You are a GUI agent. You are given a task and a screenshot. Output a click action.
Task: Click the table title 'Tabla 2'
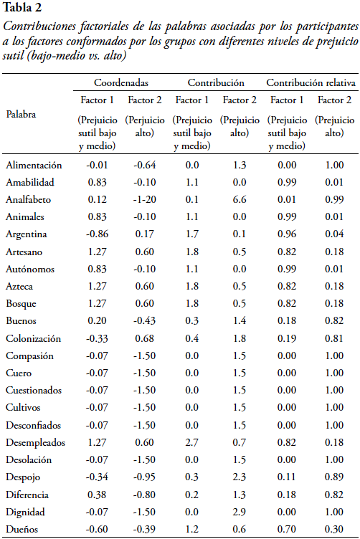[x=22, y=8]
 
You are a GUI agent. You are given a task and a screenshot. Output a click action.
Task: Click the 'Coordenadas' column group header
[x=121, y=82]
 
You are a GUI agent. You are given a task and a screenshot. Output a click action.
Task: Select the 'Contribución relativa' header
[x=311, y=82]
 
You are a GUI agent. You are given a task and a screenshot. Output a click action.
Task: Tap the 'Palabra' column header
[x=21, y=114]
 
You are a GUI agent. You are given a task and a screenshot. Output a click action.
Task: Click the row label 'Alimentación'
[x=34, y=165]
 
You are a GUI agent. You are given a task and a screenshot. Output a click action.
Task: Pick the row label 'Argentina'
[x=26, y=234]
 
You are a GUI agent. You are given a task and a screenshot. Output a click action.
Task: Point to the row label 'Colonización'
[x=33, y=338]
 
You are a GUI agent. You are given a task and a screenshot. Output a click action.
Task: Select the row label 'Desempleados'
[x=35, y=442]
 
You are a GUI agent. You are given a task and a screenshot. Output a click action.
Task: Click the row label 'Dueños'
[x=22, y=529]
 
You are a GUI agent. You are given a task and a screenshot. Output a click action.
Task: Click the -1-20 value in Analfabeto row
[x=144, y=199]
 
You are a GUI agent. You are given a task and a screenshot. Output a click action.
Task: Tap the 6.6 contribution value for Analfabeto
[x=240, y=199]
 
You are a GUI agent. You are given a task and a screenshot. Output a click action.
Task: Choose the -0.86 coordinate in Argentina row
[x=98, y=234]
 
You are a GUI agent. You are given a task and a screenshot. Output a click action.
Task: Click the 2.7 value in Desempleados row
[x=192, y=442]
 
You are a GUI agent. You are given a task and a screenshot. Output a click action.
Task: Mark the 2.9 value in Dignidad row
[x=240, y=512]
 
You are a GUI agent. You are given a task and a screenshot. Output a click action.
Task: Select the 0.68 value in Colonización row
[x=144, y=338]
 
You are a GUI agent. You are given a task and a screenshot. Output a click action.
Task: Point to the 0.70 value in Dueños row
[x=287, y=529]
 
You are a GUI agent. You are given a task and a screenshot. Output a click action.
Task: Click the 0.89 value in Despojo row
[x=334, y=477]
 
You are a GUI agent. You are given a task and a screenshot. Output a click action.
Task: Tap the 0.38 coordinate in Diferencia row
[x=98, y=495]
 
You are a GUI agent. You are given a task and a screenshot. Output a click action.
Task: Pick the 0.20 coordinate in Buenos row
[x=98, y=320]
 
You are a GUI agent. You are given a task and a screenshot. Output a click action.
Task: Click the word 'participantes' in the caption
[x=328, y=27]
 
